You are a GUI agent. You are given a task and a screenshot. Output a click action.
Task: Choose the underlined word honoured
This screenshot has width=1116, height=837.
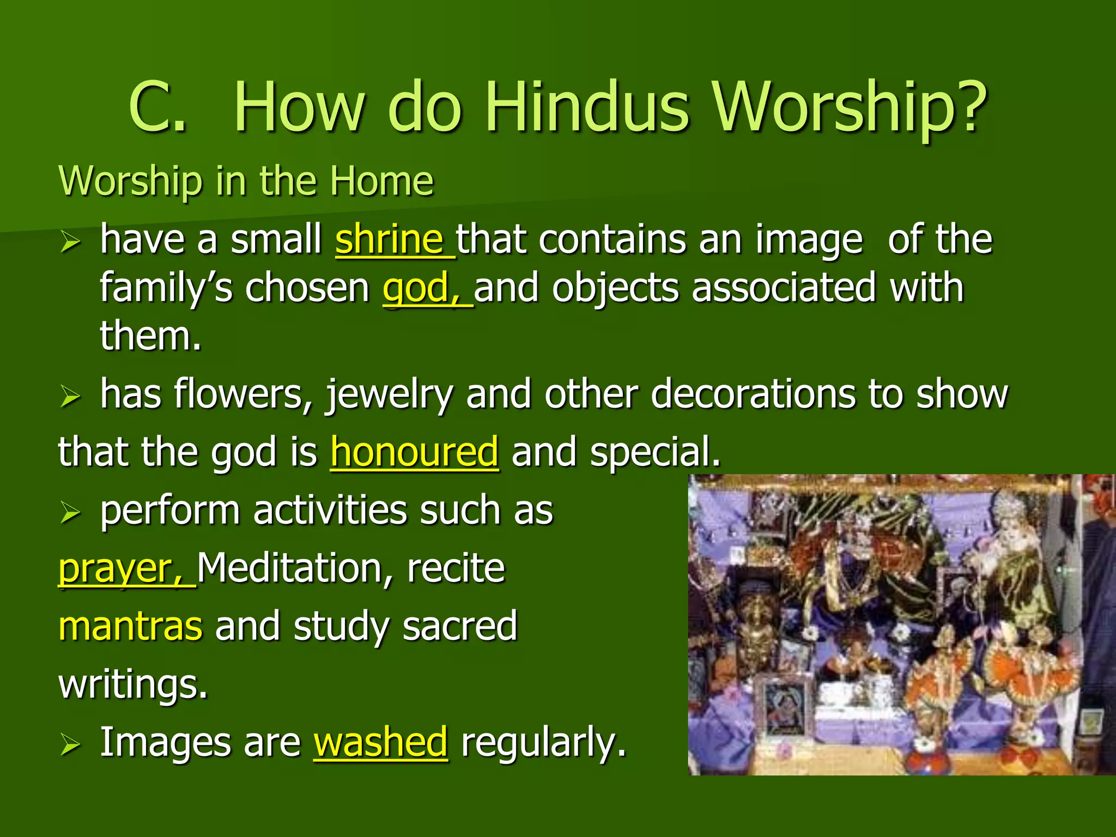click(414, 452)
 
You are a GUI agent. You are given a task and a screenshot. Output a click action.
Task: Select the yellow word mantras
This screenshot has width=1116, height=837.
click(130, 627)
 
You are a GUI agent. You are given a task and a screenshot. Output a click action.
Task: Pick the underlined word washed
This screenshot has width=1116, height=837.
click(380, 742)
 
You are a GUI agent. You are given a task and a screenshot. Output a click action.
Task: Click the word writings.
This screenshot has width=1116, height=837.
click(133, 684)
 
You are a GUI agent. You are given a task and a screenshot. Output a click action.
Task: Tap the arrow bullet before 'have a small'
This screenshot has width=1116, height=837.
click(70, 241)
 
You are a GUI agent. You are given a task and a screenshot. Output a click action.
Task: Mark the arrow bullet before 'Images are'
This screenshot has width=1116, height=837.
click(70, 744)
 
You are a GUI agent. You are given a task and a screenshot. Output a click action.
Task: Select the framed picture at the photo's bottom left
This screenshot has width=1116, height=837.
click(785, 706)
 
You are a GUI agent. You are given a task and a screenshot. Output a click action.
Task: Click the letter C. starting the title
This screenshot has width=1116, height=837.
click(158, 107)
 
